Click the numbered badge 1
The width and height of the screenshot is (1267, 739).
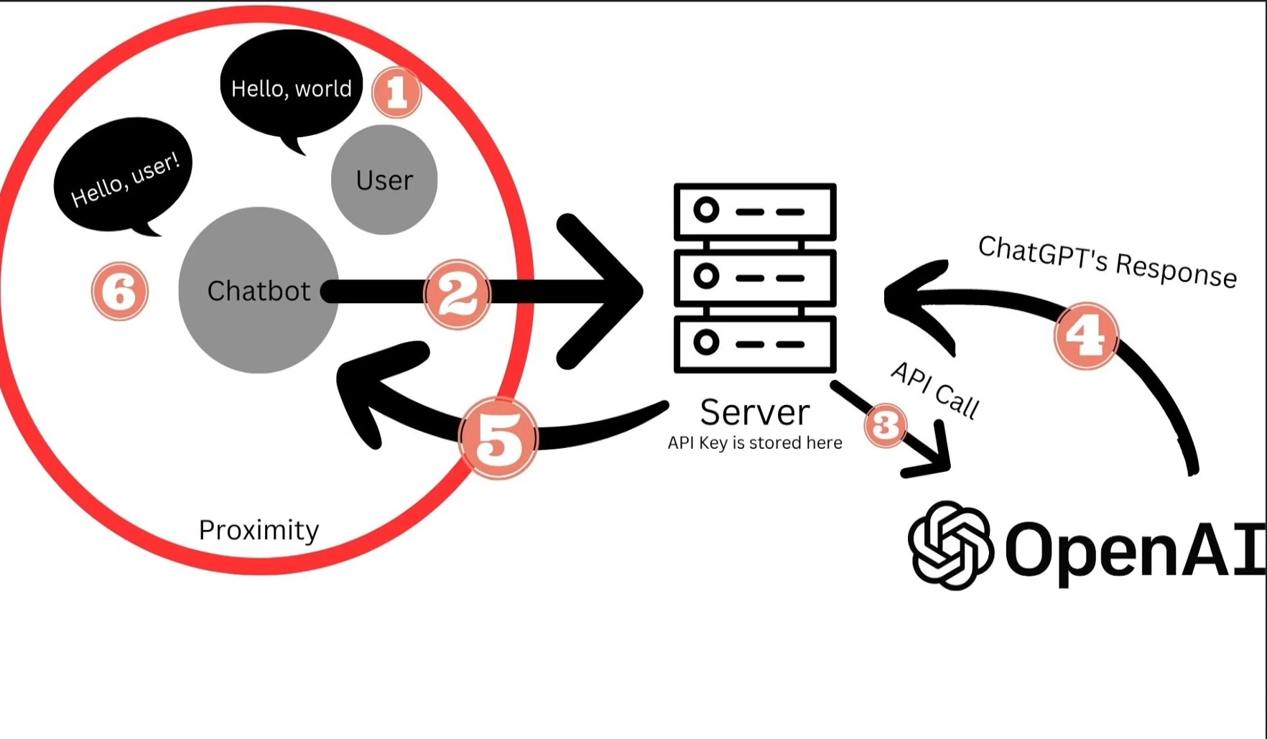tap(396, 92)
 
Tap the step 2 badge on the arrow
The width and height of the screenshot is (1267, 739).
tap(457, 294)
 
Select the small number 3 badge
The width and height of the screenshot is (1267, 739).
tap(885, 424)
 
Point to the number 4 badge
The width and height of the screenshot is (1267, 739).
tap(1085, 335)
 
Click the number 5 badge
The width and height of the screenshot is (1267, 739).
tap(498, 437)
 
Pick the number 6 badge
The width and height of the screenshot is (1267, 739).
tap(120, 291)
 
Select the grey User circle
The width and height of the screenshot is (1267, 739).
tap(384, 180)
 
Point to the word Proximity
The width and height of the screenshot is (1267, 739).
tap(259, 530)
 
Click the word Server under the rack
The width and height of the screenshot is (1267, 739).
tap(755, 412)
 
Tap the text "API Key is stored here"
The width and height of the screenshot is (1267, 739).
tap(755, 443)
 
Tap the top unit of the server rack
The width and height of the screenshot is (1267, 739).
tap(755, 211)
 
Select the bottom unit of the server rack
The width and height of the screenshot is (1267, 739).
tap(755, 343)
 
